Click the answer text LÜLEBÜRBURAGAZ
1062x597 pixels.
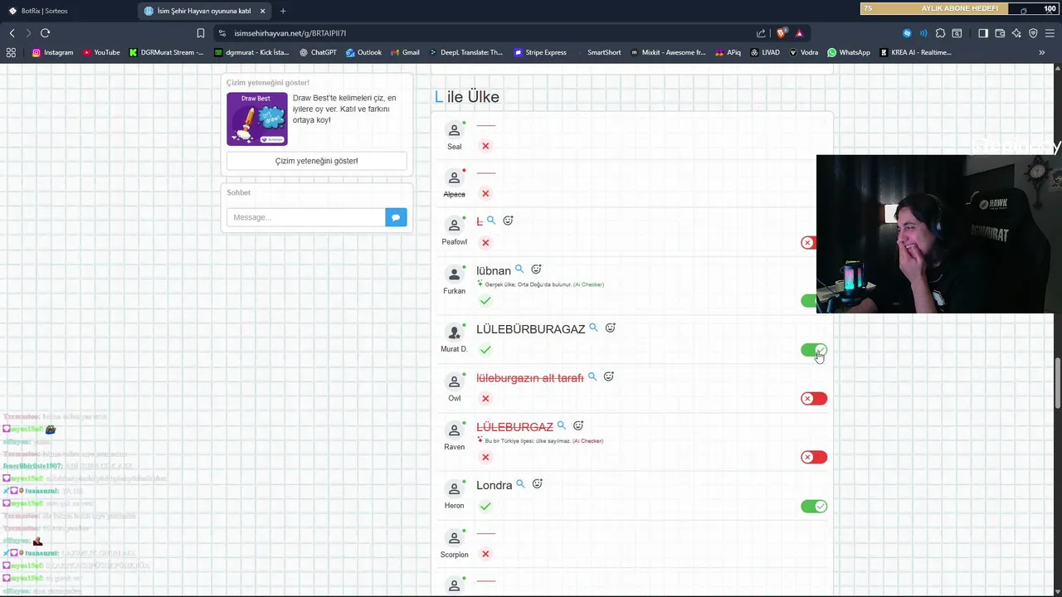[x=530, y=329]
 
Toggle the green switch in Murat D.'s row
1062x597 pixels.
[x=814, y=350]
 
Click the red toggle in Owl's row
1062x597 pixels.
[x=814, y=399]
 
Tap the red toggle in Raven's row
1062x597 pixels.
[x=814, y=457]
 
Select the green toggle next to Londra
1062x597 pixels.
[x=814, y=507]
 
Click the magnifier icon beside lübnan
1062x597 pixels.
[x=519, y=269]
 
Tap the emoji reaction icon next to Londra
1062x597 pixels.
[x=538, y=484]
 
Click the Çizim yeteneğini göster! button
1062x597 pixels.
[x=316, y=161]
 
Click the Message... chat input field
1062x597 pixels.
[x=305, y=217]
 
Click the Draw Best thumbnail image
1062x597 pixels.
[x=257, y=119]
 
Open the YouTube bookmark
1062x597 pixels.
[x=101, y=52]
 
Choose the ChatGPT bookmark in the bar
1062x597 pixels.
[x=318, y=52]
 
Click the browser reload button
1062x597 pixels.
[x=45, y=33]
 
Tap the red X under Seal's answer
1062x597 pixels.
[x=485, y=146]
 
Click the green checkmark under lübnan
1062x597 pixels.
[x=485, y=300]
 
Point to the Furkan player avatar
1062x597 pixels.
[x=454, y=274]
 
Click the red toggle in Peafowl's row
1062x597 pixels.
[x=809, y=243]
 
